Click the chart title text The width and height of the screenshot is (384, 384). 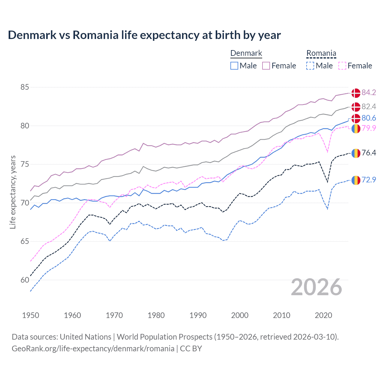point(144,35)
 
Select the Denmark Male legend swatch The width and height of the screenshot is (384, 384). point(234,66)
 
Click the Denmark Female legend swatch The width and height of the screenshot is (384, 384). point(266,66)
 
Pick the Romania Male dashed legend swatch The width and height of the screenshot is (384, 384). point(310,66)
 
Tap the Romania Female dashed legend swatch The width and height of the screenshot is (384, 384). point(342,66)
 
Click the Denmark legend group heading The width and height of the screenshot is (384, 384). point(246,53)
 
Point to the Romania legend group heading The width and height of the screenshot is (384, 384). point(321,53)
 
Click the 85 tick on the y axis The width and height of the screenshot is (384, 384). point(25,87)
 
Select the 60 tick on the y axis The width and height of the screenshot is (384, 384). point(25,280)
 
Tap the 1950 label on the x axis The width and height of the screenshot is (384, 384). point(31,315)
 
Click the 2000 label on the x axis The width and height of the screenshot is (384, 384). point(240,315)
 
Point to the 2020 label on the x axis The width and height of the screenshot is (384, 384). point(323,315)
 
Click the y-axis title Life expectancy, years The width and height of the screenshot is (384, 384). point(13,192)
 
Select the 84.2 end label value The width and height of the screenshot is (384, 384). point(369,93)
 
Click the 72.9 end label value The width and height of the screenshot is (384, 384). point(369,180)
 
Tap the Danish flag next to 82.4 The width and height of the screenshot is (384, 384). point(356,107)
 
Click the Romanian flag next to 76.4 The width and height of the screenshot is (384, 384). point(356,153)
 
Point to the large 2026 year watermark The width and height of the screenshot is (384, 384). point(316,287)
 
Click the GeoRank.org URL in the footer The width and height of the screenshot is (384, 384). point(93,349)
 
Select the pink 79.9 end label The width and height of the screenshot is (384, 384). point(369,128)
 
